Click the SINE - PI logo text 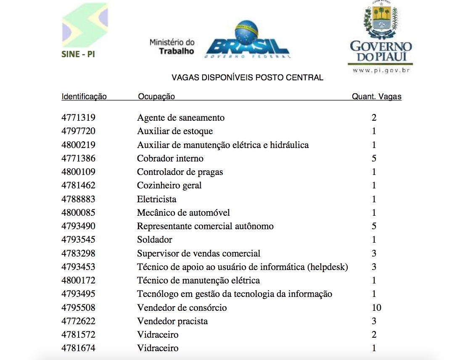78,54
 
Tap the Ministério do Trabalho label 172,47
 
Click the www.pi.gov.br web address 381,70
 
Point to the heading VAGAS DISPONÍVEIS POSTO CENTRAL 248,78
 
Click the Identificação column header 84,97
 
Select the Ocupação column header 156,97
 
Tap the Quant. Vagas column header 377,97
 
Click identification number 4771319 78,118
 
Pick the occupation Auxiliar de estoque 175,131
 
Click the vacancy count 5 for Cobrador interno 374,159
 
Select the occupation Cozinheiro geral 169,185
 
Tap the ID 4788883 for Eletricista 78,199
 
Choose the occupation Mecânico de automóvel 183,213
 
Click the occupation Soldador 155,240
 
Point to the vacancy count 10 376,308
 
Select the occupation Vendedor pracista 172,321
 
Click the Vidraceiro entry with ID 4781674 158,348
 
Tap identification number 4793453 78,267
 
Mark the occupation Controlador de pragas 180,172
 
